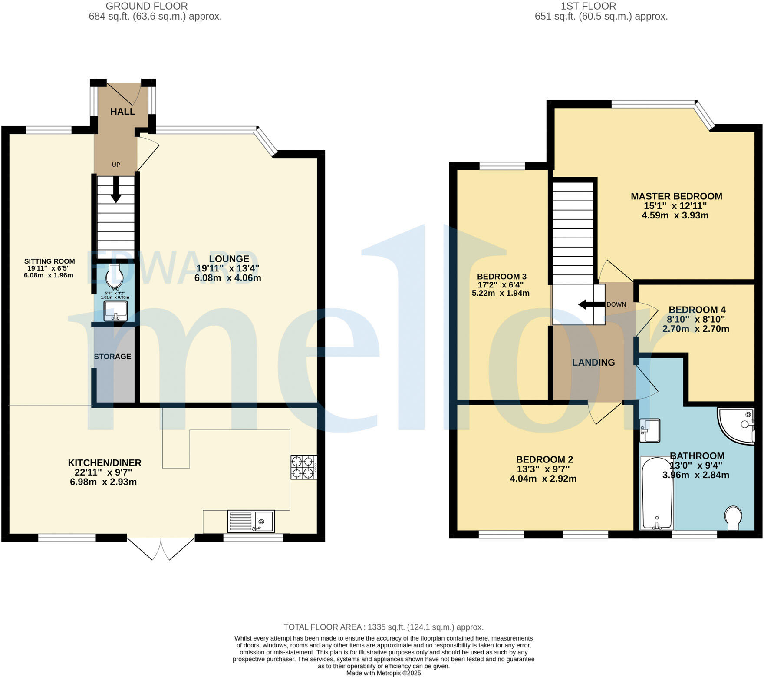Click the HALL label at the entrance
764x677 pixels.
[x=122, y=112]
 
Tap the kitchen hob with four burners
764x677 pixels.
[x=303, y=467]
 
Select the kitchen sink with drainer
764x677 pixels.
[x=251, y=521]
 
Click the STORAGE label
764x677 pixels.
[x=112, y=357]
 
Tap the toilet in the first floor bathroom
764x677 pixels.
[x=733, y=517]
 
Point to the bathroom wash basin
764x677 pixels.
[x=649, y=430]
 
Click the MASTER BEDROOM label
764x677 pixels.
[x=676, y=196]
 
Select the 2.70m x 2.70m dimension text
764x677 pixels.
[x=695, y=329]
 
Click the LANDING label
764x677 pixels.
[x=593, y=363]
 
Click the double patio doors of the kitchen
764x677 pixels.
[x=161, y=548]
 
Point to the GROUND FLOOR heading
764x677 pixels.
[x=147, y=6]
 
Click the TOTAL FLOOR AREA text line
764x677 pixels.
[x=383, y=627]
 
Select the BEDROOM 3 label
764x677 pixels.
[x=501, y=277]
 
